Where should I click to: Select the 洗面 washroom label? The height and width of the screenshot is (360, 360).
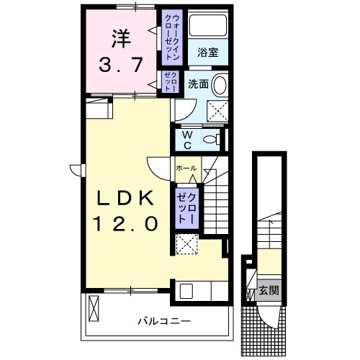[198, 84]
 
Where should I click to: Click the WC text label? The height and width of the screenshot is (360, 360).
[186, 138]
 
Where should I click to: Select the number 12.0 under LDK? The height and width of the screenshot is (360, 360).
[123, 225]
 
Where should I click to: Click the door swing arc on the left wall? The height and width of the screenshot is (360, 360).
[78, 168]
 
